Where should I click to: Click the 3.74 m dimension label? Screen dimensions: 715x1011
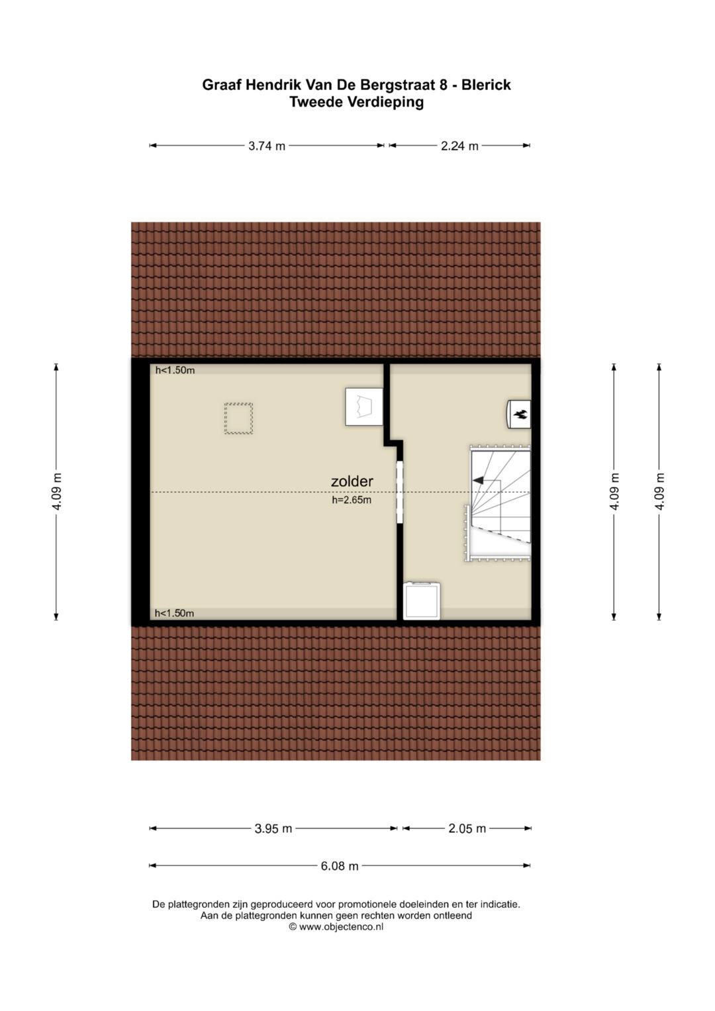[x=267, y=146]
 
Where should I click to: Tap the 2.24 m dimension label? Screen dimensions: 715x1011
[x=459, y=146]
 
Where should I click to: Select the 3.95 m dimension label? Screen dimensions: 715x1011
[x=273, y=828]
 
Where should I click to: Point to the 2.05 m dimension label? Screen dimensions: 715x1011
[x=467, y=828]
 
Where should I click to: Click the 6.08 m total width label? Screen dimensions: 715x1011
[x=340, y=865]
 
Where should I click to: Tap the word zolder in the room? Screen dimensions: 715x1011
[x=352, y=481]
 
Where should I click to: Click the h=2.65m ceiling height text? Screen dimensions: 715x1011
[x=352, y=500]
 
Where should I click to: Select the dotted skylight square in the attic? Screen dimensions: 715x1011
[x=239, y=418]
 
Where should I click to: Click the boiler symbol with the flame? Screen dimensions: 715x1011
[x=518, y=413]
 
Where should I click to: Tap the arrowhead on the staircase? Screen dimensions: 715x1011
[x=477, y=480]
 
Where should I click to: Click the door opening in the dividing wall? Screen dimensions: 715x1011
[x=399, y=491]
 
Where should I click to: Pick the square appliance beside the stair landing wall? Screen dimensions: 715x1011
[x=422, y=601]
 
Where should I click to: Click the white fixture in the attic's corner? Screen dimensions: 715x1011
[x=364, y=407]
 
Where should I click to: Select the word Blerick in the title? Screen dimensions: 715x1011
[x=486, y=84]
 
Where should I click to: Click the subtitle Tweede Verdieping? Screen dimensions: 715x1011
[x=357, y=102]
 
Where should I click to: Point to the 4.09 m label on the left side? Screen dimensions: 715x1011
[x=56, y=491]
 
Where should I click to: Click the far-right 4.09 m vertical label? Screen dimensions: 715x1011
[x=659, y=491]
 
